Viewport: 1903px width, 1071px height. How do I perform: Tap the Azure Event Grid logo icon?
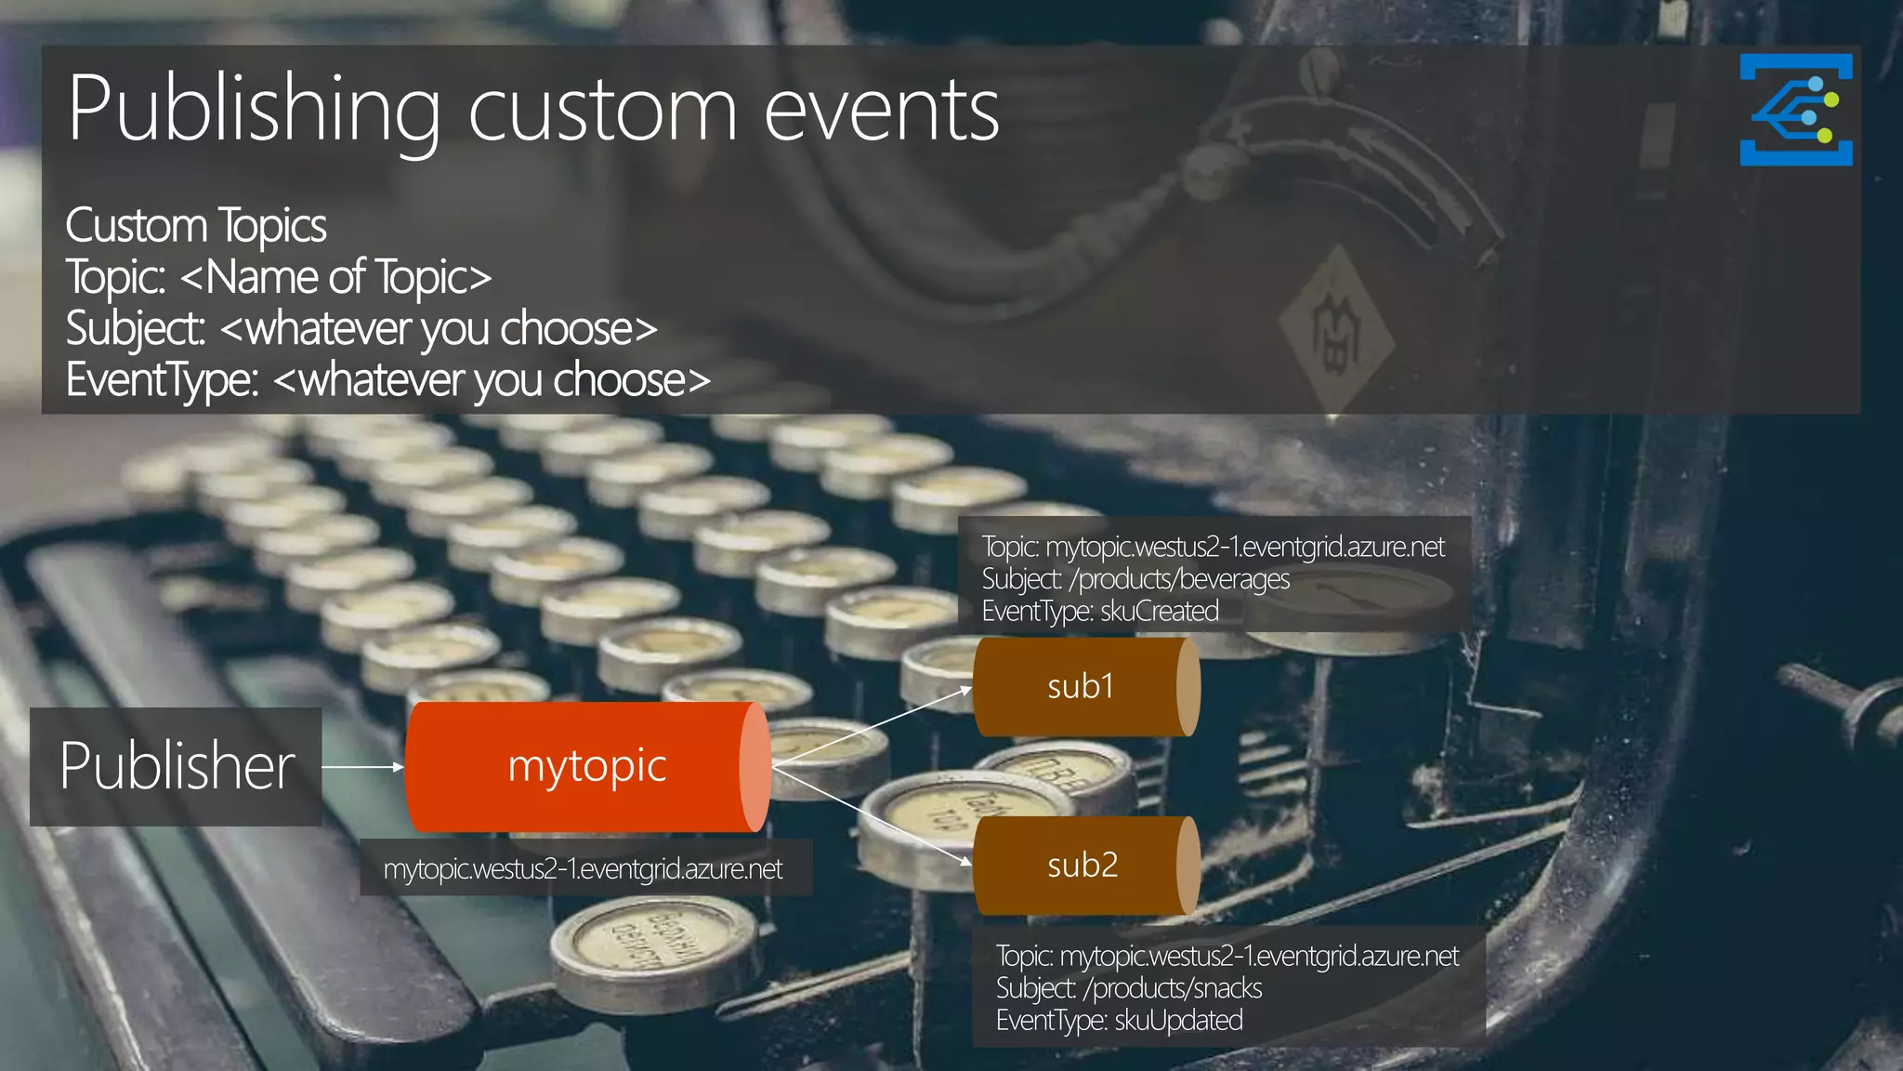tap(1795, 110)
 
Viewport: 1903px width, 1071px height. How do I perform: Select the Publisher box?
tap(177, 767)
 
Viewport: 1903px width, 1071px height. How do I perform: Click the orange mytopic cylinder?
tap(585, 767)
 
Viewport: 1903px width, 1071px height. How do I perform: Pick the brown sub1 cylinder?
tap(1083, 687)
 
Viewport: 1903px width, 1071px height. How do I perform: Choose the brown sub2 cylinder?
tap(1083, 866)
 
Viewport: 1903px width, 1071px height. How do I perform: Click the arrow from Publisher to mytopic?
tap(363, 767)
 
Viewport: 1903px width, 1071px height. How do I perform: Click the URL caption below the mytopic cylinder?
tap(584, 869)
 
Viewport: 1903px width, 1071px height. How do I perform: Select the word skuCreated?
tap(1160, 612)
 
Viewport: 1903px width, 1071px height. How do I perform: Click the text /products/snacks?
tap(1173, 988)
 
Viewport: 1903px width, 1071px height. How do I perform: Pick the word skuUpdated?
tap(1178, 1021)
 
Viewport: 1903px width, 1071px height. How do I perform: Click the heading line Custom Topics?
tap(196, 226)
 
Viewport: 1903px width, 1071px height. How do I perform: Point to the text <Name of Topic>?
tap(335, 277)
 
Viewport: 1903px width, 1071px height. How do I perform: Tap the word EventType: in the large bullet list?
tap(162, 380)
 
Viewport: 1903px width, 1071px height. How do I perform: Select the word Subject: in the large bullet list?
tap(135, 329)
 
